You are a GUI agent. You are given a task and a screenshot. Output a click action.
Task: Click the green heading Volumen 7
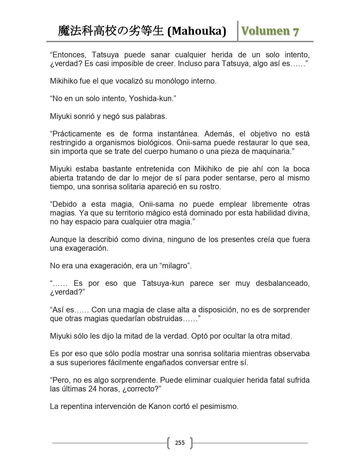click(270, 31)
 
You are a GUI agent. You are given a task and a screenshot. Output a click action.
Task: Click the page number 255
click(180, 443)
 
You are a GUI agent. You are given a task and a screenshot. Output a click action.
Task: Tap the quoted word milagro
click(175, 266)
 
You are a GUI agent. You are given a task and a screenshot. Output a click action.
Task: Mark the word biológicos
click(160, 143)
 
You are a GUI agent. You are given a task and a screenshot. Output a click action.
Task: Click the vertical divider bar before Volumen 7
click(238, 31)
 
